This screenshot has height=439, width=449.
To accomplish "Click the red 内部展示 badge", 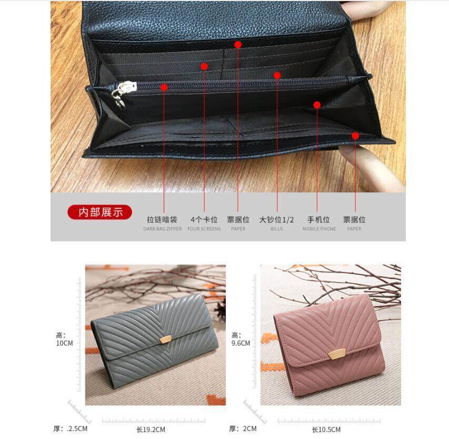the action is (99, 212).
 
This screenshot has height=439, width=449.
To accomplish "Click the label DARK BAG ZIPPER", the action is (162, 229).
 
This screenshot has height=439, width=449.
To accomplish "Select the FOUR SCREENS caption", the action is (204, 229).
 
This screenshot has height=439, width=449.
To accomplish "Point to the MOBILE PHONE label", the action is (319, 229).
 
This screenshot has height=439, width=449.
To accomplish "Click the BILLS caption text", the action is (276, 229).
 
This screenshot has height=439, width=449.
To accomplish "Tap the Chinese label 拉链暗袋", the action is (162, 220).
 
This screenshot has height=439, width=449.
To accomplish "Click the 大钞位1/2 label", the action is (276, 220).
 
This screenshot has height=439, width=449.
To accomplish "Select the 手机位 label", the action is (318, 220).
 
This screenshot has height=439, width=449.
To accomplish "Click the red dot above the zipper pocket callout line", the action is (164, 87).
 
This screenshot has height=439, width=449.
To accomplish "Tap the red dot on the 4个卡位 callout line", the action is (204, 66).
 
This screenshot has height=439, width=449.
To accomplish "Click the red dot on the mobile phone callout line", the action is (317, 105).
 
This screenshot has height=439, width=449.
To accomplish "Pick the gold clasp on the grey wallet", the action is (166, 339).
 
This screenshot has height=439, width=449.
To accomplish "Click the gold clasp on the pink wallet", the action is (334, 354).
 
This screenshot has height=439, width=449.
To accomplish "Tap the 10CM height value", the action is (64, 343).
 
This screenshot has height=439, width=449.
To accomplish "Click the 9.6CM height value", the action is (241, 343).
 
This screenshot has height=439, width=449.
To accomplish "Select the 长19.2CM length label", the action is (151, 430).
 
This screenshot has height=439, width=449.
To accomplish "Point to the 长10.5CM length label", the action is (326, 430).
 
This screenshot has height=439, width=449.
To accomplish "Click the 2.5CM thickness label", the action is (77, 428).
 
